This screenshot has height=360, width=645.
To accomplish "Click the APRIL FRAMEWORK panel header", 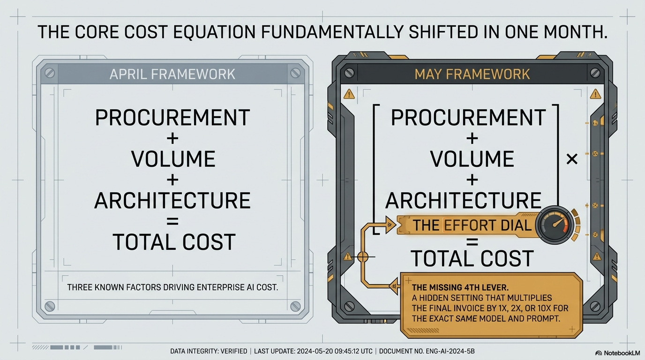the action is tap(172, 74).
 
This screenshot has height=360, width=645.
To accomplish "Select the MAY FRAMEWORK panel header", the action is tap(472, 74).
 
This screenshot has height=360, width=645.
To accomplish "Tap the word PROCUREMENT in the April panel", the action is tap(172, 117).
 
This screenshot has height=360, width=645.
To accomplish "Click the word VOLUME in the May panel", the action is tap(472, 159).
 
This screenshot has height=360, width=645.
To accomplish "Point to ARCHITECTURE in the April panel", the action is tap(172, 200).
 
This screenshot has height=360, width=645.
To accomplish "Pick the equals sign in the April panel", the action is tap(172, 221).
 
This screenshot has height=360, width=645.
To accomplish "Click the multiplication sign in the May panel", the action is tap(571, 159).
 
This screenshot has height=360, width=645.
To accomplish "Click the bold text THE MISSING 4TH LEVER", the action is tap(460, 287).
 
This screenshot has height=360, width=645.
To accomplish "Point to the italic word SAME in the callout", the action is tap(466, 319).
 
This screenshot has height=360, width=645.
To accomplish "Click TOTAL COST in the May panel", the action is tap(472, 258).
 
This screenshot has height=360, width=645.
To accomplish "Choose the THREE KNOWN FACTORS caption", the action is tap(172, 287).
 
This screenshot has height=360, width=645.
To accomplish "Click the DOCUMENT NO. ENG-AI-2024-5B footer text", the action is tap(427, 351).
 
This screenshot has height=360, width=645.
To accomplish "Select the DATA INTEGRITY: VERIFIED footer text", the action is tap(209, 351).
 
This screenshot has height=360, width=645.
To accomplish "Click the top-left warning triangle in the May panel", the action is tap(349, 94).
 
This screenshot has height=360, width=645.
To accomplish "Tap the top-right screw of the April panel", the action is tap(295, 73).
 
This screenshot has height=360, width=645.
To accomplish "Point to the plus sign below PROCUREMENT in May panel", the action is tap(472, 139).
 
